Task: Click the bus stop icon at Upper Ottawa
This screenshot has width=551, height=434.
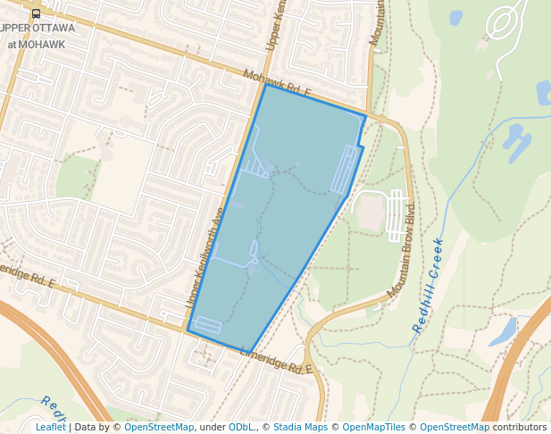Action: point(36,13)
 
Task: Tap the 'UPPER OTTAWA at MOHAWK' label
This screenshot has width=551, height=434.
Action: point(36,36)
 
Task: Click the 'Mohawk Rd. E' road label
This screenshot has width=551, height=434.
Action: point(278,86)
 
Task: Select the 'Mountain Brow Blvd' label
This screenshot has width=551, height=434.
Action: point(403,255)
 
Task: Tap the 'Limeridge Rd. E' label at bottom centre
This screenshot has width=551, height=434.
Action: point(277,361)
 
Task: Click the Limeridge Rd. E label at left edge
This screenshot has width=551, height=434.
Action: point(27,276)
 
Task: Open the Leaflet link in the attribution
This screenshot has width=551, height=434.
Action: point(50,427)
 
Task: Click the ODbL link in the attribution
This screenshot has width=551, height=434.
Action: point(240,427)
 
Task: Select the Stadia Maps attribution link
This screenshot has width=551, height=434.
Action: point(300,427)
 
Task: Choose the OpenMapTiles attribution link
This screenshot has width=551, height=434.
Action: point(374,427)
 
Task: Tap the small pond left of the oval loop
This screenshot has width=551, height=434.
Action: point(456,18)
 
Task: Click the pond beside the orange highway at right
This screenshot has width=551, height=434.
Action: point(503,332)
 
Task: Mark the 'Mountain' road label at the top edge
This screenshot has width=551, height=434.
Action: point(380,23)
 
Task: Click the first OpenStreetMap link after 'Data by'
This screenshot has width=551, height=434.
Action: point(159,427)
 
